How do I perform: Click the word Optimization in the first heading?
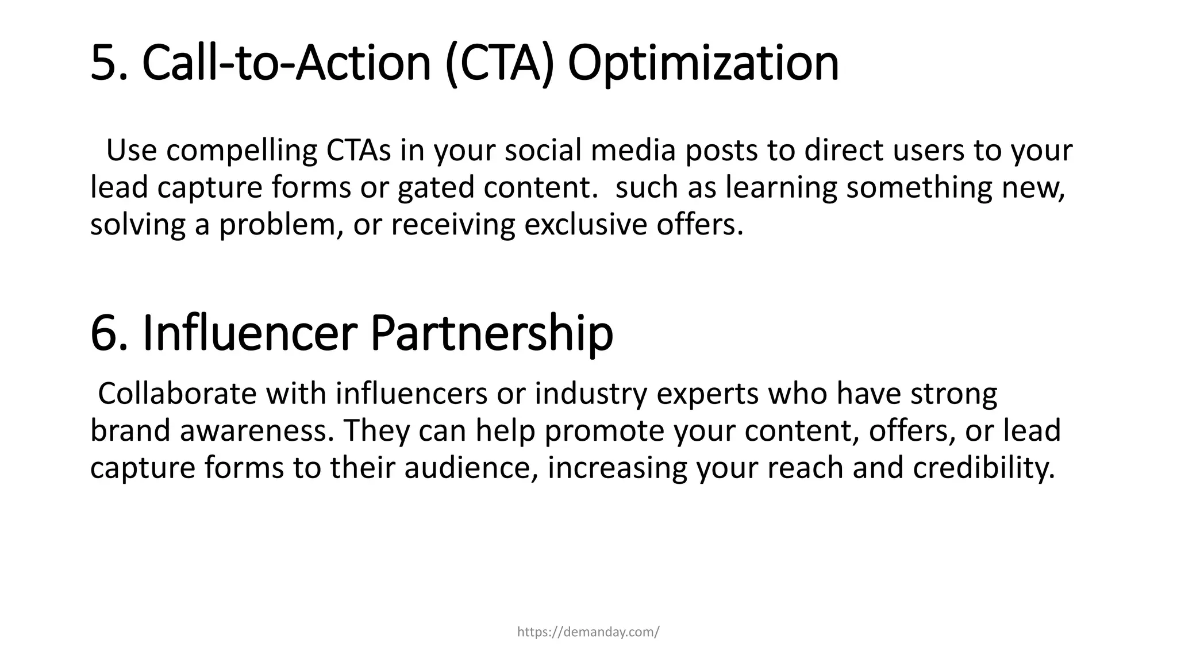[703, 63]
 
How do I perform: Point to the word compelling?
[241, 151]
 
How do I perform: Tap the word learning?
[781, 188]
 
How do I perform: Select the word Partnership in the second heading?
[491, 333]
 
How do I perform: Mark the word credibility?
[984, 468]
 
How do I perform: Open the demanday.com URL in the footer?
[588, 632]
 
